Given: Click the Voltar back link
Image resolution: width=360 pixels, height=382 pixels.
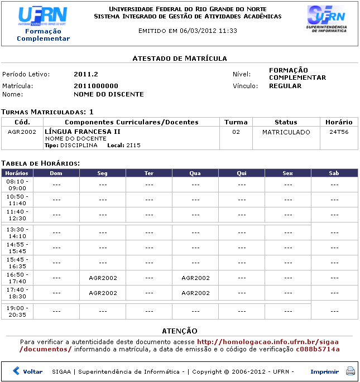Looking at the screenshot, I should click(28, 371).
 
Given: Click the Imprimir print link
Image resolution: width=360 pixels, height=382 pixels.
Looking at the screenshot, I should click(324, 371).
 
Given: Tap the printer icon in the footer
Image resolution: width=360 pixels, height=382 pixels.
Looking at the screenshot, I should click(350, 371).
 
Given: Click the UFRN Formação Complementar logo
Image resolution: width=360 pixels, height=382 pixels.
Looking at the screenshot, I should click(43, 24).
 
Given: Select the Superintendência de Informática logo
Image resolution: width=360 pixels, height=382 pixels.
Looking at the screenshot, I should click(327, 19).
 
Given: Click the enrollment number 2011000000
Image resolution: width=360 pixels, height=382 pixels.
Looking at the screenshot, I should click(96, 86).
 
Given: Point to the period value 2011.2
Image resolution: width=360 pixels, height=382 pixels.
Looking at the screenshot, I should click(86, 74).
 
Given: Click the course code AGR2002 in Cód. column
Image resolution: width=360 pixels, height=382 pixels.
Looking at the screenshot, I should click(22, 132).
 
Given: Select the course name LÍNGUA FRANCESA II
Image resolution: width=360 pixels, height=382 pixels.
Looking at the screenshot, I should click(83, 132).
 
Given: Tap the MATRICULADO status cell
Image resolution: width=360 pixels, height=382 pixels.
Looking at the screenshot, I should click(286, 132).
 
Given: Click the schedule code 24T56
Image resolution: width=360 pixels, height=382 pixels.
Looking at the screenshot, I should click(339, 132).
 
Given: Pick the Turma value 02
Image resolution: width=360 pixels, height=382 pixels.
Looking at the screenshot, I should click(236, 132).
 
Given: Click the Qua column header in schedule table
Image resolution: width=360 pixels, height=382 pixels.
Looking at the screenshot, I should click(195, 173).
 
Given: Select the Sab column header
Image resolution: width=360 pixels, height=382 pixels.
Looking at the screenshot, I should click(334, 173).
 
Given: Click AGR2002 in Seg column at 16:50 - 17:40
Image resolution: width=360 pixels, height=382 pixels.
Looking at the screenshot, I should click(103, 278).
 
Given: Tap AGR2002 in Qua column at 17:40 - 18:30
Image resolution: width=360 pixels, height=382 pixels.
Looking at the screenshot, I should click(195, 293).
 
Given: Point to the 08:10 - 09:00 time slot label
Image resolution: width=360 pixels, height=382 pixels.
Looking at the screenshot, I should click(17, 185).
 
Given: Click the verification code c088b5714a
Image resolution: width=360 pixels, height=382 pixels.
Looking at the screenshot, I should click(318, 349).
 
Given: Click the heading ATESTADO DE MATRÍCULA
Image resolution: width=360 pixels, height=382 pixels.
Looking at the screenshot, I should click(179, 58).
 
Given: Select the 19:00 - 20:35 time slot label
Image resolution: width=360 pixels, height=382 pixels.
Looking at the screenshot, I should click(17, 311).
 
